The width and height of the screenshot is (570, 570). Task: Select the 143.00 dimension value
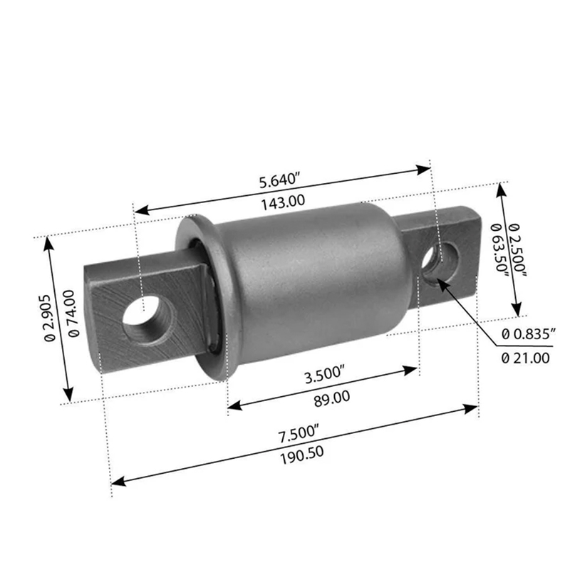[x=283, y=202]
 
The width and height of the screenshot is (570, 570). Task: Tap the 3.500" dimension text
[x=325, y=375]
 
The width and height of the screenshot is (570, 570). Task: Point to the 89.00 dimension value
[x=331, y=398]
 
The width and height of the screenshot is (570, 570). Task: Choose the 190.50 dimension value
[x=301, y=455]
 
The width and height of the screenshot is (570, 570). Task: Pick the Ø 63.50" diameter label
[x=499, y=250]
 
